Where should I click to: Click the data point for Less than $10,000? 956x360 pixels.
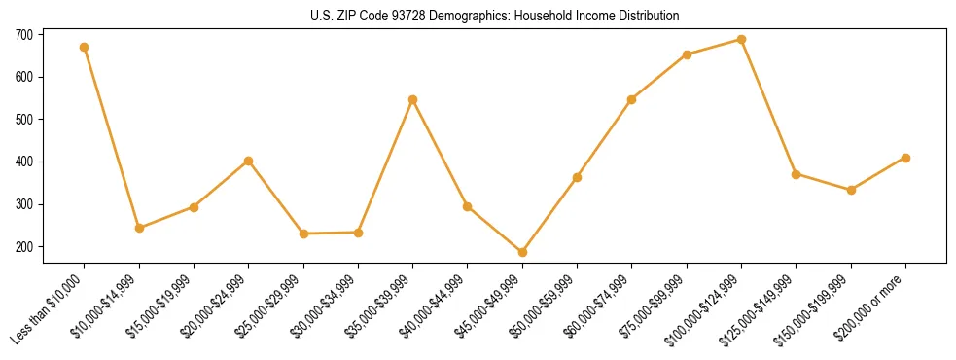pyautogui.click(x=85, y=47)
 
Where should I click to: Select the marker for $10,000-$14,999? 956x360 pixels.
pyautogui.click(x=139, y=228)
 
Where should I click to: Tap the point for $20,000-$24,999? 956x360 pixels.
pyautogui.click(x=249, y=161)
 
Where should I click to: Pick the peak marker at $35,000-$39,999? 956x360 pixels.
pyautogui.click(x=413, y=99)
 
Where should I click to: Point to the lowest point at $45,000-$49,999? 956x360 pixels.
pyautogui.click(x=522, y=252)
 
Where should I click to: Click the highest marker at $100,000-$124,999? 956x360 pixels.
pyautogui.click(x=741, y=40)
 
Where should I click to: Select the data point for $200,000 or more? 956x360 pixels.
pyautogui.click(x=905, y=158)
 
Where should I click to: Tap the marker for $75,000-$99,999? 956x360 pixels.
pyautogui.click(x=687, y=54)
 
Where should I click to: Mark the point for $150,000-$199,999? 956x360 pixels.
pyautogui.click(x=851, y=190)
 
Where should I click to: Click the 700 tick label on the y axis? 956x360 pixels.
pyautogui.click(x=24, y=34)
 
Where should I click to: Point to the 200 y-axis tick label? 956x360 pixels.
pyautogui.click(x=24, y=247)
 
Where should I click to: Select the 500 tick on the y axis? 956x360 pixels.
pyautogui.click(x=24, y=120)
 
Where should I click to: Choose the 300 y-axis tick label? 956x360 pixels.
pyautogui.click(x=24, y=204)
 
